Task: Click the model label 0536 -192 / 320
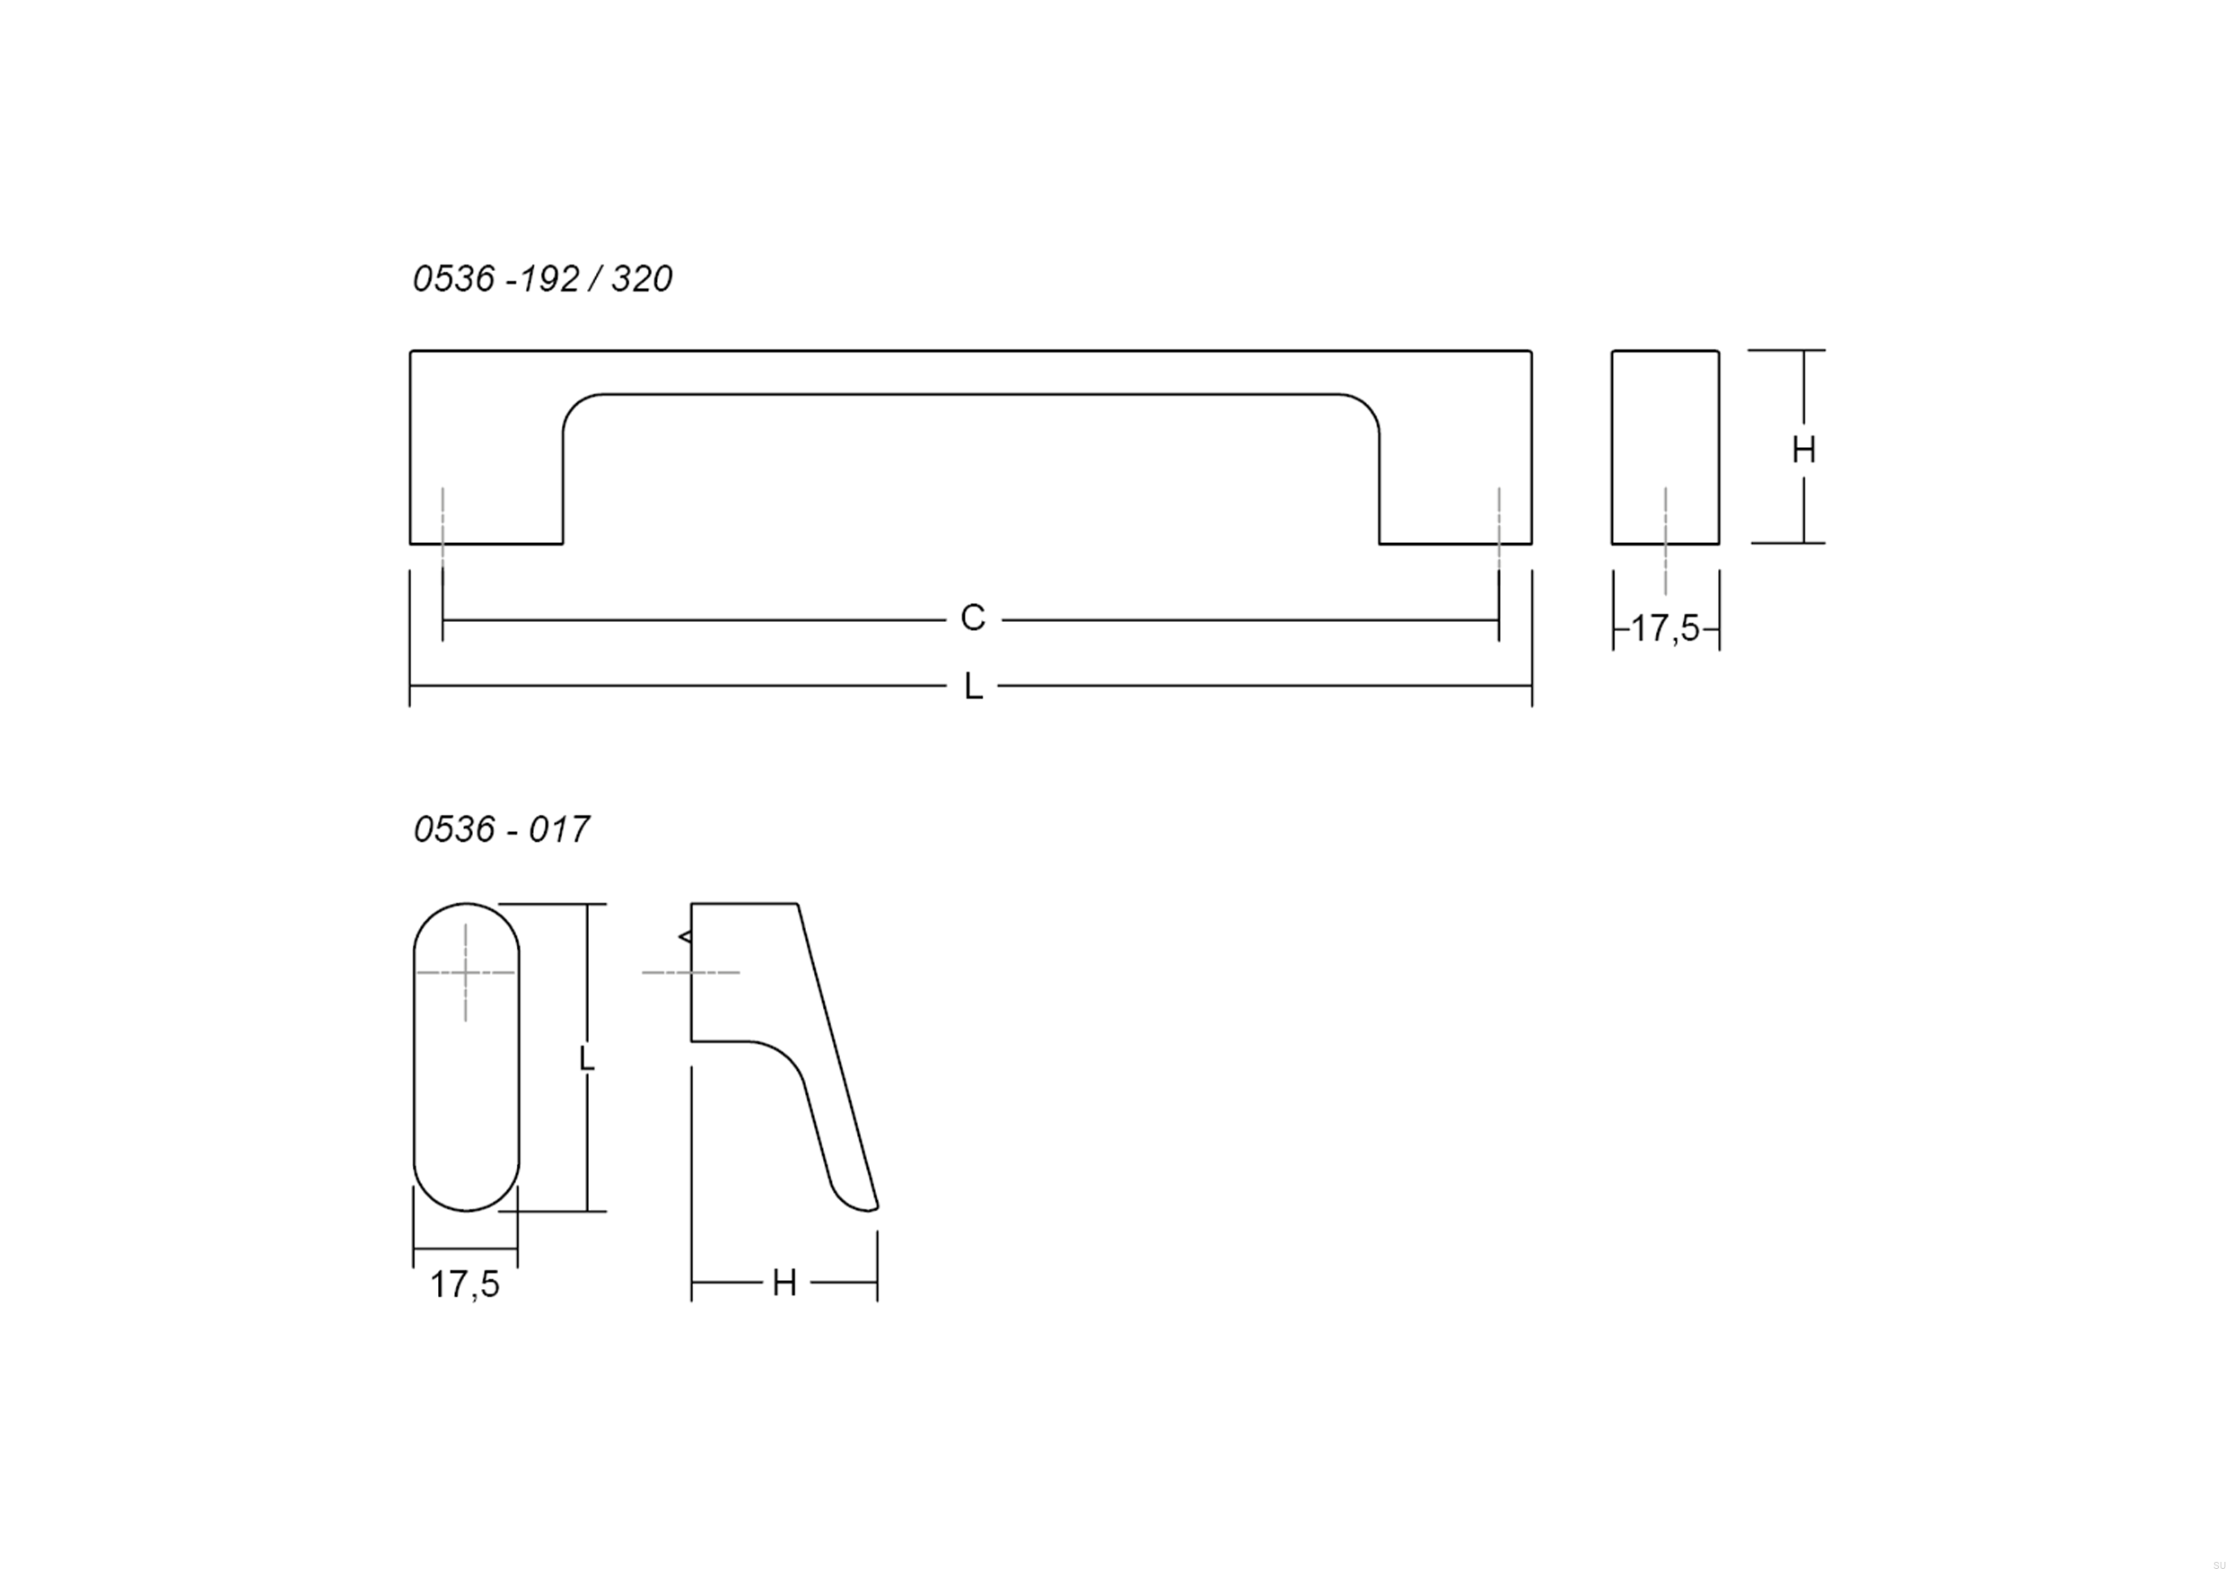coord(542,279)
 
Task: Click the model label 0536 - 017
coord(501,830)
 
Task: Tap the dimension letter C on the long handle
coord(972,618)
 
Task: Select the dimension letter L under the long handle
coord(973,688)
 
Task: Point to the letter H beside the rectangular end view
coord(1803,450)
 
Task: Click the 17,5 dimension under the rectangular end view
coord(1665,628)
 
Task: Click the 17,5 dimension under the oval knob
coord(464,1284)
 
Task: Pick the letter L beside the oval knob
coord(586,1058)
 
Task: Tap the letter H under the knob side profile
coord(784,1284)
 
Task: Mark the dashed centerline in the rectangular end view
coord(1666,539)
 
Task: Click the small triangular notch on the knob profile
coord(686,937)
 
